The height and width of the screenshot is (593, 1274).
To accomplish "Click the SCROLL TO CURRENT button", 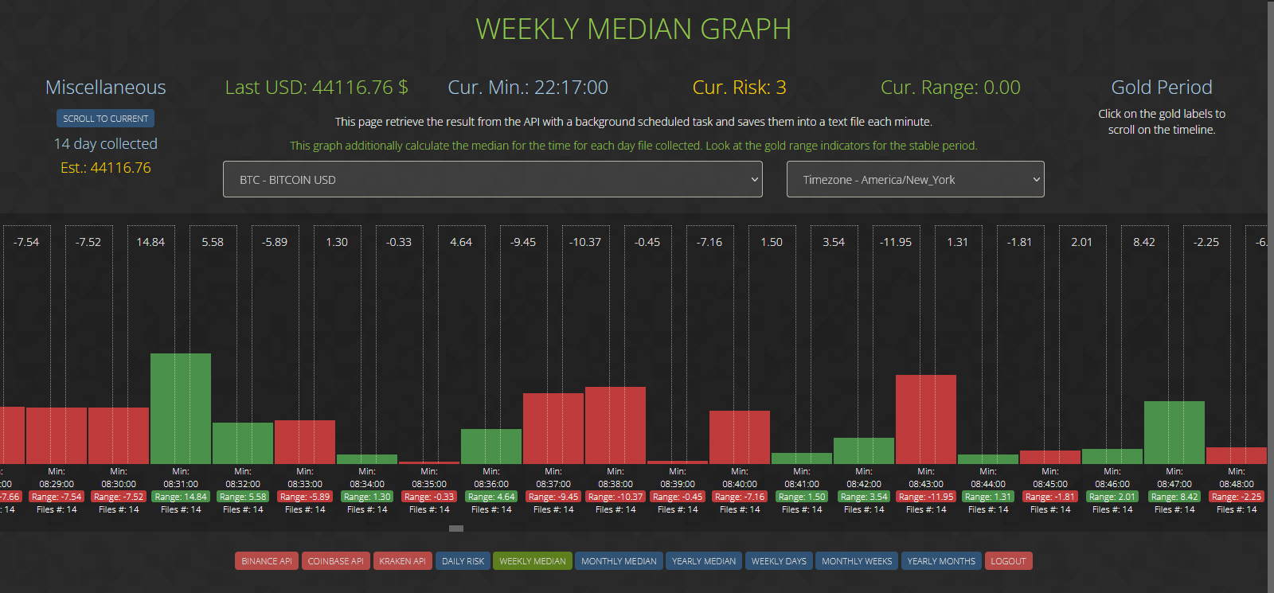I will (105, 119).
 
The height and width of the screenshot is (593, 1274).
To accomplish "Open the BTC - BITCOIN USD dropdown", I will (492, 179).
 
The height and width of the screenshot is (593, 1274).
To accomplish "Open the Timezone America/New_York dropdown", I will (915, 179).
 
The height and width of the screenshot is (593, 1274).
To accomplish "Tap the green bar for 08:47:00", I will (1174, 432).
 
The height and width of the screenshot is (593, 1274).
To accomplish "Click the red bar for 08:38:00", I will (615, 425).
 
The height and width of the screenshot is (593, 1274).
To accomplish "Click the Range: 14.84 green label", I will (181, 497).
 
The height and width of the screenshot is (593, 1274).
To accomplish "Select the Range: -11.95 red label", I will (926, 497).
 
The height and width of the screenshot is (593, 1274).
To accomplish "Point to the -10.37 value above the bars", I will (585, 242).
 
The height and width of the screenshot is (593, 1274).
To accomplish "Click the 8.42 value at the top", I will (1143, 242).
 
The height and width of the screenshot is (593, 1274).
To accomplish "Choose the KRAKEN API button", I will (402, 561).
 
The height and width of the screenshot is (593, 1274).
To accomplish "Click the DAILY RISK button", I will (463, 561).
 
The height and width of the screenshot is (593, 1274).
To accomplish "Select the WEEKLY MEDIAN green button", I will (532, 561).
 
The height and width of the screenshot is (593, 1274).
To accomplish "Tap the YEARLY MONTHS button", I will (940, 561).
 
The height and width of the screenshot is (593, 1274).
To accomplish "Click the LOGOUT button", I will (1008, 561).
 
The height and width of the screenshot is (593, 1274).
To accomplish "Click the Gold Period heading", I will (1161, 88).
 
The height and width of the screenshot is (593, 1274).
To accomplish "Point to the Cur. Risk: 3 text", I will (739, 88).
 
